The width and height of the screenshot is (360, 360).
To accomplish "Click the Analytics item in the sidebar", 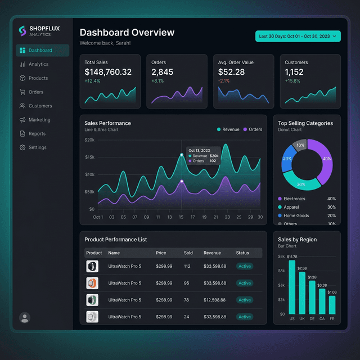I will point(38,64).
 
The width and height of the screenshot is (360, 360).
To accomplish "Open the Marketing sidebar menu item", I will point(39,120).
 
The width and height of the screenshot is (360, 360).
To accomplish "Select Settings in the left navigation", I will point(37,147).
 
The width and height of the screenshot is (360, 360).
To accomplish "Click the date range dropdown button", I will point(298,37).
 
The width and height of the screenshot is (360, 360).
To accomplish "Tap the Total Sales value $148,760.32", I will point(108,72).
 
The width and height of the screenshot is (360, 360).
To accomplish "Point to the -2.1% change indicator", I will point(224,81).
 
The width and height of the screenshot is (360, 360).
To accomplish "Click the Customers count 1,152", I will point(294,72).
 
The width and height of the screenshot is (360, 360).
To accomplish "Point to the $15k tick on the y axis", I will point(89,157).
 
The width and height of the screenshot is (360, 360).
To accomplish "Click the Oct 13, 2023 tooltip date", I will point(199,150).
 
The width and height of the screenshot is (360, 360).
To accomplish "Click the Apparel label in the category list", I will point(291,207).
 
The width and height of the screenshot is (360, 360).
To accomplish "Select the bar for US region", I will point(292,287).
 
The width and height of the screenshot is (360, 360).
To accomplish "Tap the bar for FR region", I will point(332,304).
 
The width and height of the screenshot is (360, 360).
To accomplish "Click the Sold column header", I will point(188,253).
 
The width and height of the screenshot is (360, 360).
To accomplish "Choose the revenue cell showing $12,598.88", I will point(215,300).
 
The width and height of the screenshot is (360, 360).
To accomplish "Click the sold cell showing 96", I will point(187,283).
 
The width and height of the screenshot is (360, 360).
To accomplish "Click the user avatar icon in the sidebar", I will point(25,318).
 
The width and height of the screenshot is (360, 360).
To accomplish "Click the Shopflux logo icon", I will point(22,30).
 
